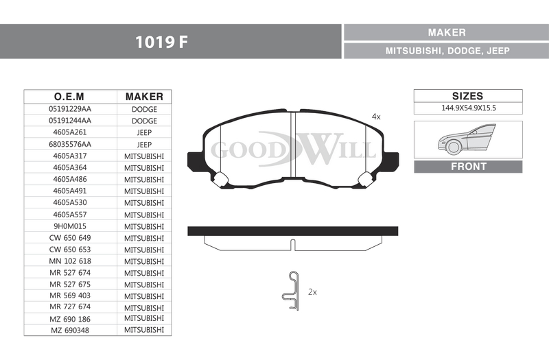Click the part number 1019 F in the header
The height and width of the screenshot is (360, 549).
(161, 42)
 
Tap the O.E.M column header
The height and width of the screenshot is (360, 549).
(69, 97)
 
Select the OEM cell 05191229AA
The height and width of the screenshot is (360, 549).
(70, 109)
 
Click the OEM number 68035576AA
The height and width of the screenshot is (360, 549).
(70, 144)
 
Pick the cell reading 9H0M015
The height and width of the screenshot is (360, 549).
(70, 226)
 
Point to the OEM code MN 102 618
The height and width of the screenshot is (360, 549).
(70, 261)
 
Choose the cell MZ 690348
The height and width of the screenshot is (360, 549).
(70, 331)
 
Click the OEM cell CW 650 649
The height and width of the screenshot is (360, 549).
(70, 238)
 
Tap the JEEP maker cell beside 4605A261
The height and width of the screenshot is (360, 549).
(144, 132)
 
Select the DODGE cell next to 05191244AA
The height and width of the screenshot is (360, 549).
(144, 121)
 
